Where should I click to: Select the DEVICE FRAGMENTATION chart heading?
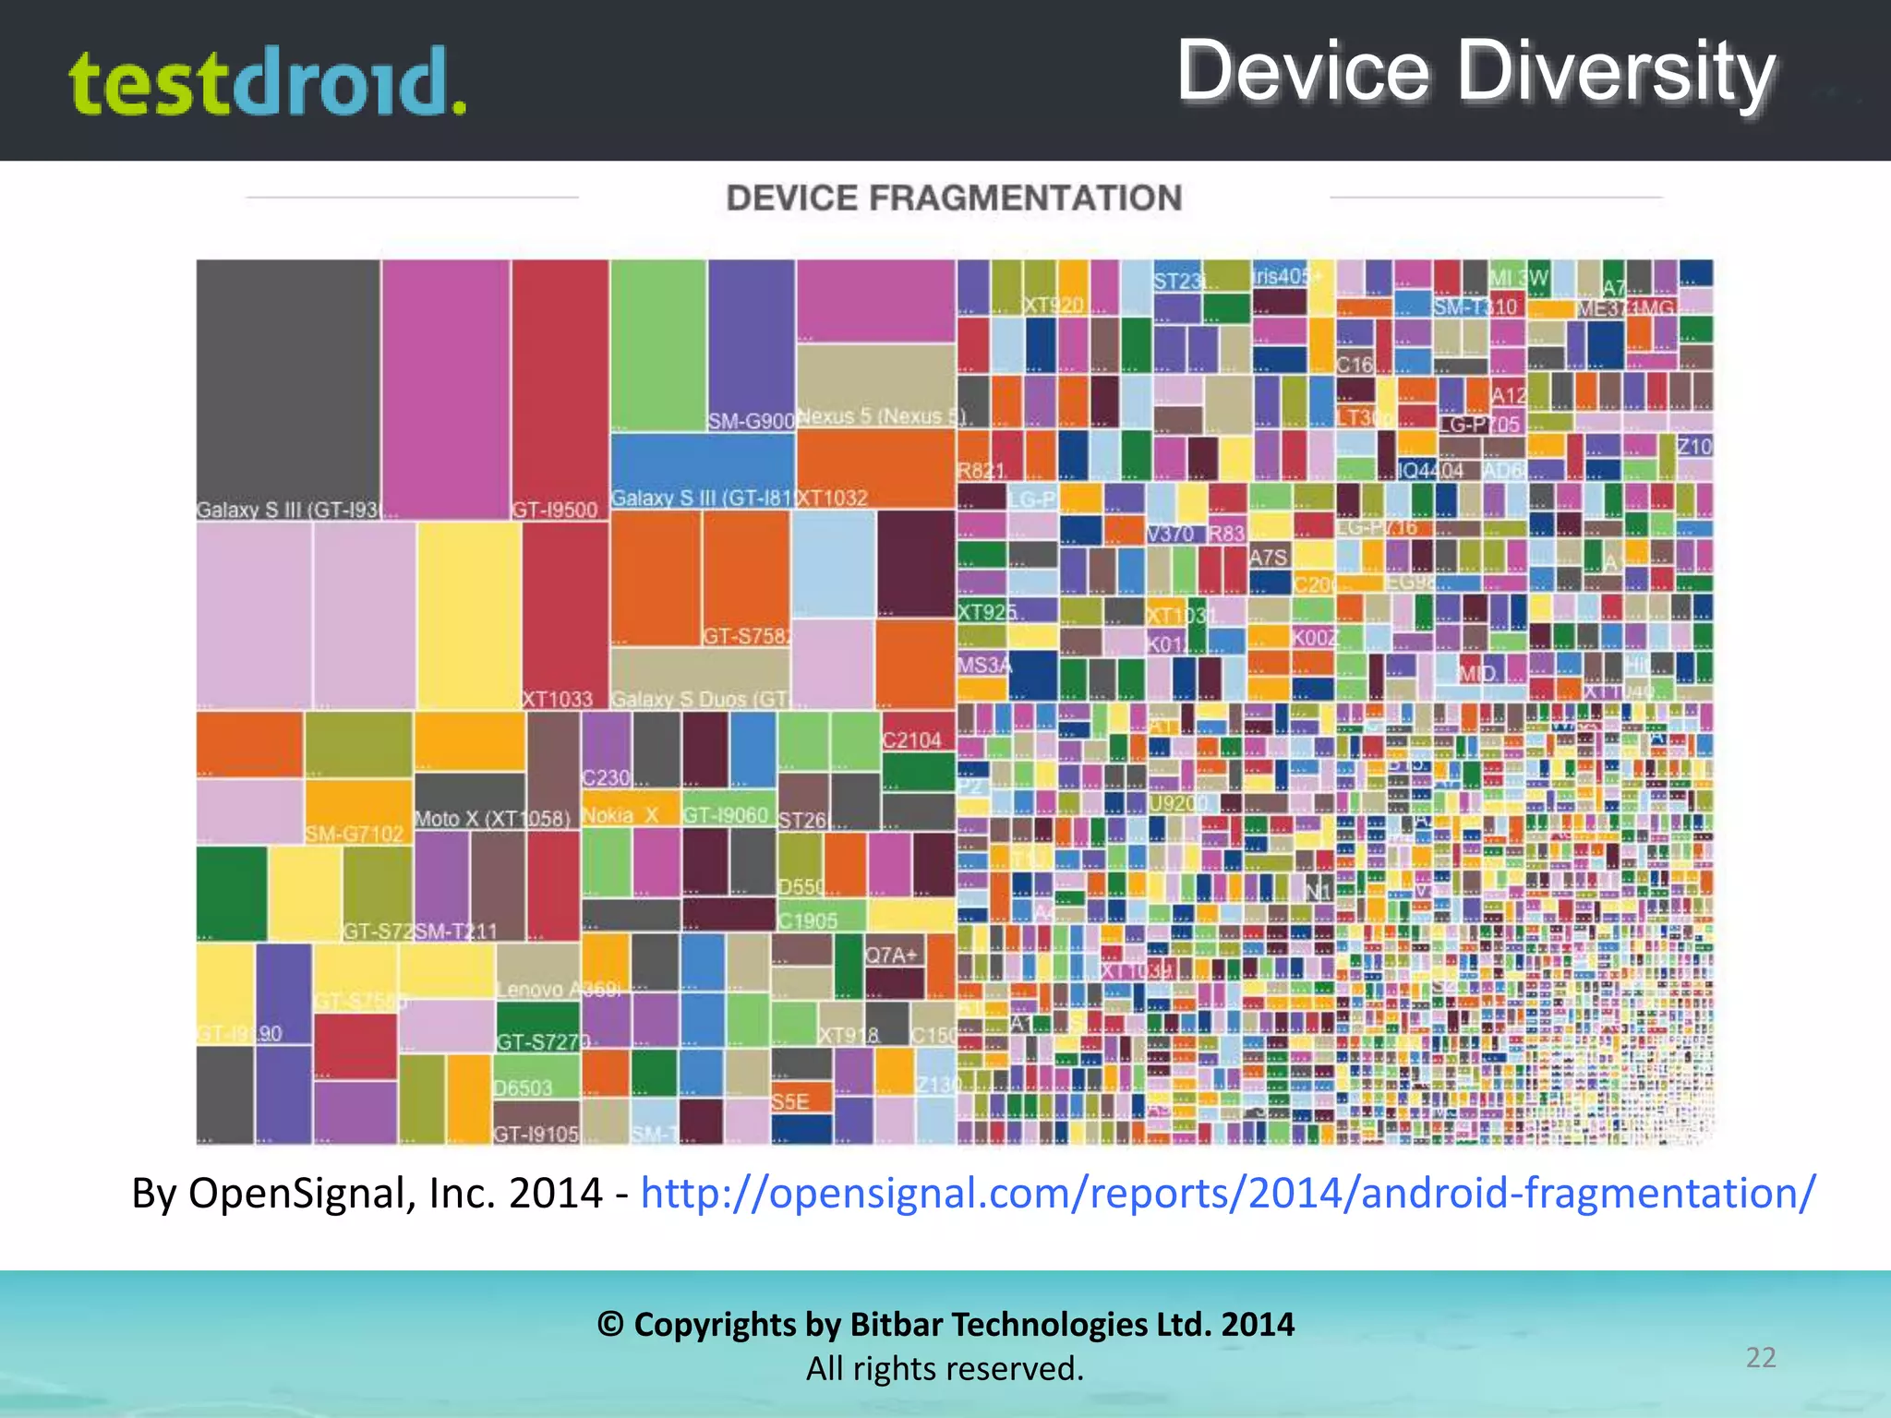[x=954, y=198]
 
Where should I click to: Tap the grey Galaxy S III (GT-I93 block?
[x=287, y=388]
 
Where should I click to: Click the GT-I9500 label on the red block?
[x=555, y=510]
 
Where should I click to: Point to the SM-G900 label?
[x=751, y=421]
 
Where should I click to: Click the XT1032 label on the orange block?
[x=832, y=499]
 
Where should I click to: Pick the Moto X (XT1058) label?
[x=493, y=819]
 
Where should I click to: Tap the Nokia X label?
[x=620, y=815]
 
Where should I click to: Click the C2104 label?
[x=911, y=740]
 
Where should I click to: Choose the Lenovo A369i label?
[x=560, y=990]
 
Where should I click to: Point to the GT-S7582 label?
[x=746, y=636]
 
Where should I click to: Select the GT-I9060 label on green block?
[x=726, y=814]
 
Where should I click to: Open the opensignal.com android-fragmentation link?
[x=1228, y=1193]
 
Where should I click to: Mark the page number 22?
[x=1761, y=1357]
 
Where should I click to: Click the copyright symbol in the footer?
[x=610, y=1325]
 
